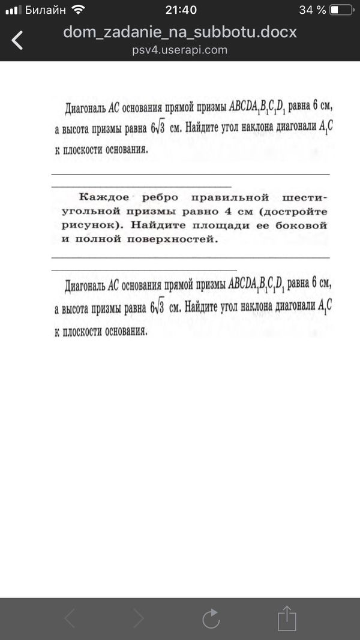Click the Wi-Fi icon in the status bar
(x=78, y=10)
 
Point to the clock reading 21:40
(x=180, y=10)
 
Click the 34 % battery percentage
(x=312, y=10)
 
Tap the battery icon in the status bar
(x=342, y=10)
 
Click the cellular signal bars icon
(x=13, y=10)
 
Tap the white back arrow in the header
(x=18, y=40)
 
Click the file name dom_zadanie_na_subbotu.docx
(x=180, y=32)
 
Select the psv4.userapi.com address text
(x=180, y=50)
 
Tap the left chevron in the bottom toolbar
(x=70, y=618)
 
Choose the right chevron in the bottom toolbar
(x=139, y=618)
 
